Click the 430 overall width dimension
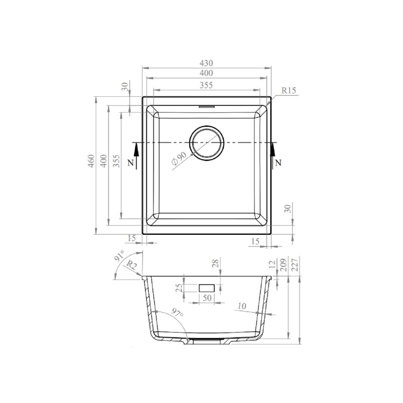pos(206,63)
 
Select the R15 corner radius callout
pos(289,90)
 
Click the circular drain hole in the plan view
pos(206,143)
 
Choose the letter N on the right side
pos(278,162)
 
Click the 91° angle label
pos(119,256)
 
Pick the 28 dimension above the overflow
pos(215,263)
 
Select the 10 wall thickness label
pos(242,306)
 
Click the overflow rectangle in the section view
pos(207,288)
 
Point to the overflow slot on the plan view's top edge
pos(206,107)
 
